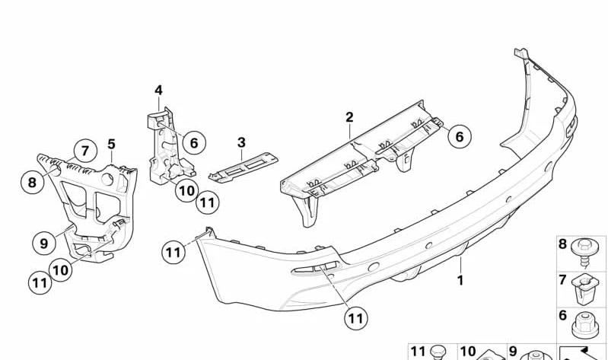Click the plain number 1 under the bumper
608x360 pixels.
pyautogui.click(x=460, y=280)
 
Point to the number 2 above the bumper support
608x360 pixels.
pyautogui.click(x=349, y=117)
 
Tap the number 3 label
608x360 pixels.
pyautogui.click(x=241, y=142)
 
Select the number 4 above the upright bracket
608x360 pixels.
pyautogui.click(x=158, y=91)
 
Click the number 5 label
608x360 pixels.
pyautogui.click(x=112, y=145)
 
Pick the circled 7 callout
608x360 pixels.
pyautogui.click(x=85, y=151)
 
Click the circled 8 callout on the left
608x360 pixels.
pyautogui.click(x=32, y=182)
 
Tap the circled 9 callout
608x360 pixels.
pyautogui.click(x=44, y=244)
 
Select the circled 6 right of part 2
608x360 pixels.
pyautogui.click(x=459, y=136)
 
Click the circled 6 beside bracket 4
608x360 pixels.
pyautogui.click(x=194, y=143)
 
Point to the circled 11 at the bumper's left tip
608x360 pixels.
pyautogui.click(x=173, y=252)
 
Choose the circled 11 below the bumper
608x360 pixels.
pyautogui.click(x=355, y=318)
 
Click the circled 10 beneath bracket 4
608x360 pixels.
pyautogui.click(x=186, y=190)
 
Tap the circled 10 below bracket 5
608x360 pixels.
pyautogui.click(x=60, y=269)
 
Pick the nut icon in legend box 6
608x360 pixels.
pyautogui.click(x=584, y=325)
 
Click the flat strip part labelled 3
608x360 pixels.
pyautogui.click(x=244, y=167)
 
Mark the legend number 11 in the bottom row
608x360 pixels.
pyautogui.click(x=418, y=351)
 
